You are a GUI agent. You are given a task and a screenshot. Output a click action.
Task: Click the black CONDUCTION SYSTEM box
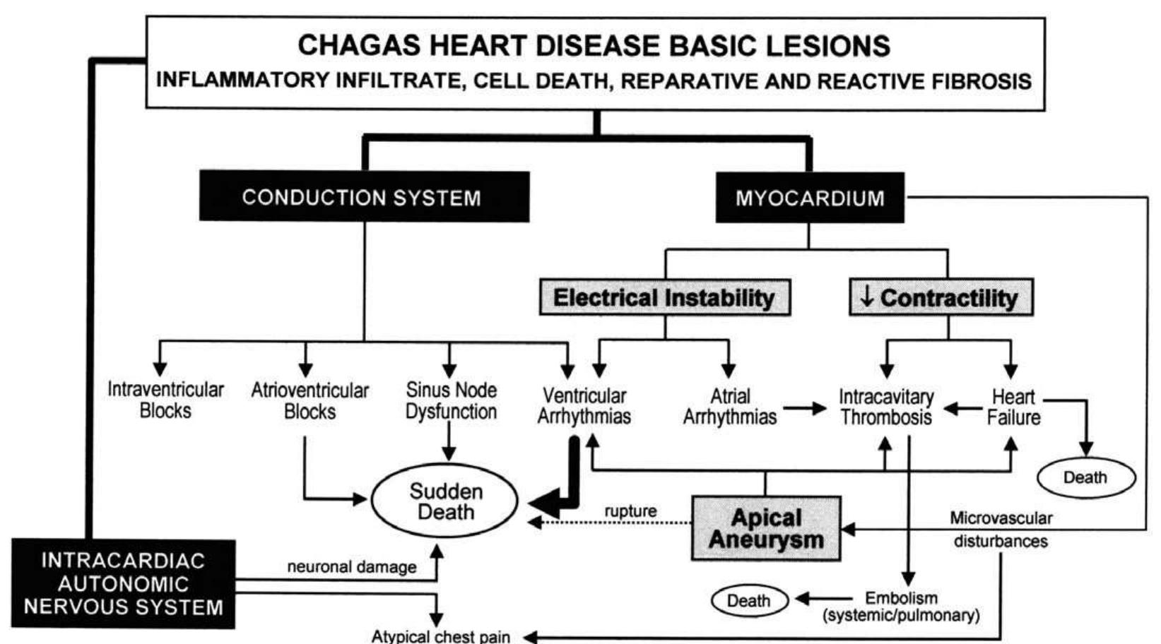(363, 197)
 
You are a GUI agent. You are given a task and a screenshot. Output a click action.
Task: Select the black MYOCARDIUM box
(809, 198)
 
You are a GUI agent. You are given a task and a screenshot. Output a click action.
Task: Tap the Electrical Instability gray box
(664, 297)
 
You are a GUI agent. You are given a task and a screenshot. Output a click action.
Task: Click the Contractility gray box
(940, 297)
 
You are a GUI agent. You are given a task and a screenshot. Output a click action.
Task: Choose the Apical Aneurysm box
(766, 528)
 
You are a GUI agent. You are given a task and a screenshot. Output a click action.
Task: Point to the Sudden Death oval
(445, 501)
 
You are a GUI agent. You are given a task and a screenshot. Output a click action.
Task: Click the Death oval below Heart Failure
(1085, 477)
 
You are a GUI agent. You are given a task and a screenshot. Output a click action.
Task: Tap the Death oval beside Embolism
(748, 601)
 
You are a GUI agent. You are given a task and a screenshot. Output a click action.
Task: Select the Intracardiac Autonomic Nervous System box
(123, 584)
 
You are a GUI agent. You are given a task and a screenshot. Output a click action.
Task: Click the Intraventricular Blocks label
(165, 400)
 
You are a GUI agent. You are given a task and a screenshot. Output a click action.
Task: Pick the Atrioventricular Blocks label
(310, 400)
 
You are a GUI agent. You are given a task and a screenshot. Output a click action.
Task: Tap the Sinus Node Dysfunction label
(451, 400)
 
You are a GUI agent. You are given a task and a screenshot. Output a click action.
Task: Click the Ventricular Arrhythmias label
(584, 406)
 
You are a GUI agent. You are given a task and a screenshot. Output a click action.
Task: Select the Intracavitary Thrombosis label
(886, 407)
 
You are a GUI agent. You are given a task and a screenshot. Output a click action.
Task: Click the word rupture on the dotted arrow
(630, 511)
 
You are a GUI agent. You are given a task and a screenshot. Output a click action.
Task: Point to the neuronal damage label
(351, 566)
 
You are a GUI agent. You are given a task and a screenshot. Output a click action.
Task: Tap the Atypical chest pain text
(441, 636)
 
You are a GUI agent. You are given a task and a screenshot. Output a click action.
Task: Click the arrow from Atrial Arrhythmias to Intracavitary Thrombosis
(805, 408)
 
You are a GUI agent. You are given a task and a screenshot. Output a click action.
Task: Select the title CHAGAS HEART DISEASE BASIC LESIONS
(594, 46)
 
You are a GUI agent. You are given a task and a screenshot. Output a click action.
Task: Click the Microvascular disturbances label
(1001, 530)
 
